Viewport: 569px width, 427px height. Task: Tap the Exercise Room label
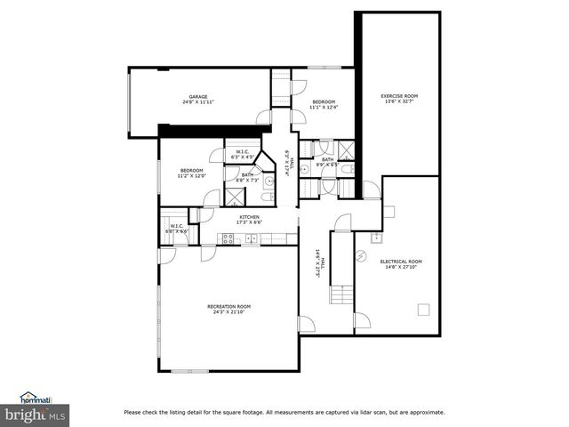pos(399,98)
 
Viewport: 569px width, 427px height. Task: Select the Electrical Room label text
pos(401,264)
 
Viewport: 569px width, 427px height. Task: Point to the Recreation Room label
pos(229,309)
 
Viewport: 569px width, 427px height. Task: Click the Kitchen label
pos(248,218)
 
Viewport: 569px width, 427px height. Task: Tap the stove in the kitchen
pos(228,238)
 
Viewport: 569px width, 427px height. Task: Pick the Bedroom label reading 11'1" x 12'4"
pos(322,105)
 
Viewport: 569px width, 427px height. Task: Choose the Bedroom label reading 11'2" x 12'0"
pos(192,173)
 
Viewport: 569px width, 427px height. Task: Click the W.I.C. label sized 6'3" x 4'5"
pos(242,155)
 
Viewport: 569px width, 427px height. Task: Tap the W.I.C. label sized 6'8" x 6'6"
pos(177,229)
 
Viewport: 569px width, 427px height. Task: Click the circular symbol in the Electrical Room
pos(361,254)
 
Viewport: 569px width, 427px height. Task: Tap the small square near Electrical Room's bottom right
pos(423,310)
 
